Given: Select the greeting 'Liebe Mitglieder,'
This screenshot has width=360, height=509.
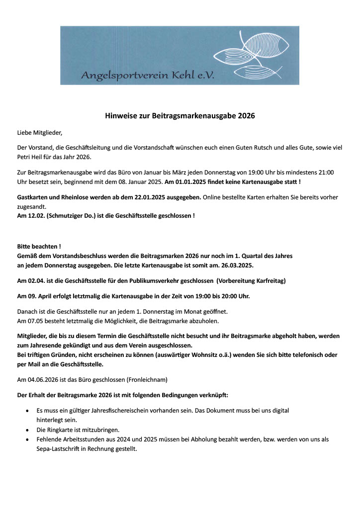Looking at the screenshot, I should coord(40,133).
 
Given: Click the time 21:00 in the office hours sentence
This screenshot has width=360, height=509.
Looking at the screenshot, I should coord(326,172).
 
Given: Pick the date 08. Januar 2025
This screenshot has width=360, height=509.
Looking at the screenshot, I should coord(143,181).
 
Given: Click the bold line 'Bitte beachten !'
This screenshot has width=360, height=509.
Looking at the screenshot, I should coord(39,247).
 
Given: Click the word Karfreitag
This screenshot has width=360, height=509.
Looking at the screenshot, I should coord(269,281).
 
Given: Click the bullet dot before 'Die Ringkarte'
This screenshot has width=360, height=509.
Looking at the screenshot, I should coord(27,430).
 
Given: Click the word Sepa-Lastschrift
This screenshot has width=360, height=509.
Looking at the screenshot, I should coord(57,448).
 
